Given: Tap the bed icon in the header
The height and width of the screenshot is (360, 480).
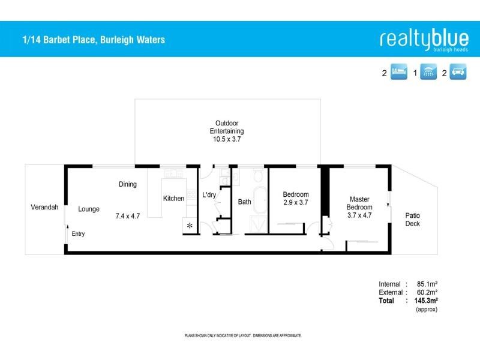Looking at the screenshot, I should click(398, 73).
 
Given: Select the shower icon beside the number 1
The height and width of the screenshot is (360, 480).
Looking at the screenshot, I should click(428, 73).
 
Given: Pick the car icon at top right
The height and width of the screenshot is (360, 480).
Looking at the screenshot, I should click(458, 73).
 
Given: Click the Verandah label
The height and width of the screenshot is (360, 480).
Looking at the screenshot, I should click(44, 208).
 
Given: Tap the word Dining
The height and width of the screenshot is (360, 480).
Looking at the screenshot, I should click(128, 184).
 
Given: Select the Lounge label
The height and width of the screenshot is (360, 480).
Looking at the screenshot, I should click(89, 209).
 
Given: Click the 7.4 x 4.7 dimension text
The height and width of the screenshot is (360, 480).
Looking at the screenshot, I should click(128, 216).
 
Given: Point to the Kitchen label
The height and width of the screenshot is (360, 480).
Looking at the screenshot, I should click(173, 199).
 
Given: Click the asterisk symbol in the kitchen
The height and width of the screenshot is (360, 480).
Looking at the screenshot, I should click(190, 226).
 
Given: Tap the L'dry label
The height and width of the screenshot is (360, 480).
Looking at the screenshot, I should click(209, 195).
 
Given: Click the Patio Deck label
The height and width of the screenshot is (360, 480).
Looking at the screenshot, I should click(412, 220).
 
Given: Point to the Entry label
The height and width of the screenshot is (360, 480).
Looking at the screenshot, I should click(79, 234).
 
